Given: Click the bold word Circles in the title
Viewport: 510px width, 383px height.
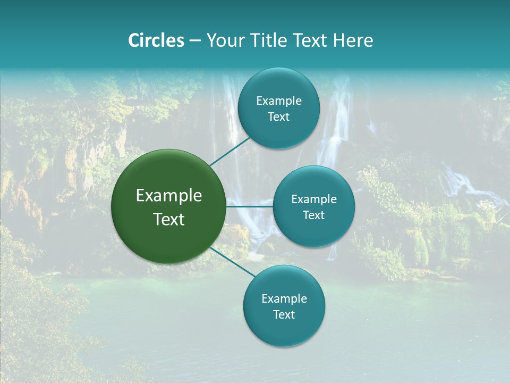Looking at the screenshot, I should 156,40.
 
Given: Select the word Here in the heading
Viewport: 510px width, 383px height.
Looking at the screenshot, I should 354,40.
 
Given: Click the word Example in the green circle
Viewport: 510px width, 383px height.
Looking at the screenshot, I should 169,196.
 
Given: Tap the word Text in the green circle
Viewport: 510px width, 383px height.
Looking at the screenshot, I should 169,219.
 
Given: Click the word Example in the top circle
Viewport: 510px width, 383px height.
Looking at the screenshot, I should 279,101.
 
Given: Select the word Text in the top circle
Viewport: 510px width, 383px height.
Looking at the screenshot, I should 279,117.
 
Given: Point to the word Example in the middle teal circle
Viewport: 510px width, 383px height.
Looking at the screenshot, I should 314,199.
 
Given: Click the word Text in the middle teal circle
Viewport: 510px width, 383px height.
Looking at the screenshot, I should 314,215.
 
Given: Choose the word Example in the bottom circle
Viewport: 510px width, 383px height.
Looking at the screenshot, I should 284,299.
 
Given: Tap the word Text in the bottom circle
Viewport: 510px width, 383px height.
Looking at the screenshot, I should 284,315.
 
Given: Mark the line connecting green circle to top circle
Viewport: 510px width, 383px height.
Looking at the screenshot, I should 230,151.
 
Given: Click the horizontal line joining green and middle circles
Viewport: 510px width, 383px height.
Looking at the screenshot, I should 250,206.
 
